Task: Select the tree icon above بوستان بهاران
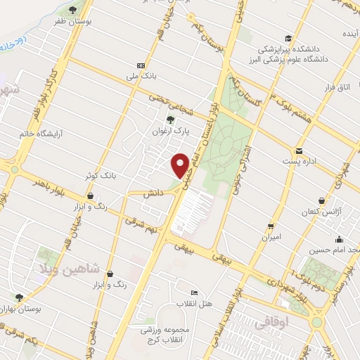19,297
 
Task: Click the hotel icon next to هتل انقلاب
194,292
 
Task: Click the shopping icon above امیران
271,226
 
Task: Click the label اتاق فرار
337,87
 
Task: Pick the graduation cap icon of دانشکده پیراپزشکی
288,39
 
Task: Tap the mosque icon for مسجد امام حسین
340,239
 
